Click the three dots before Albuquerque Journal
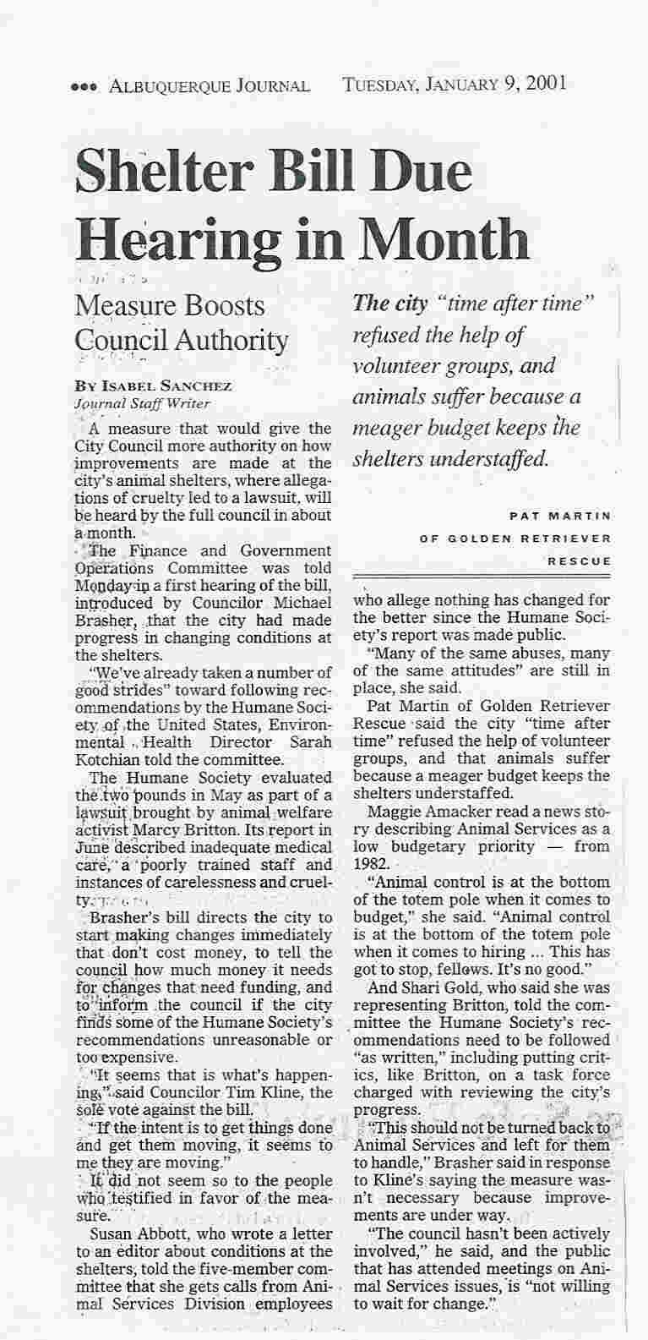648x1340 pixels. (80, 86)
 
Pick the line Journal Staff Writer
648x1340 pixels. (142, 403)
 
